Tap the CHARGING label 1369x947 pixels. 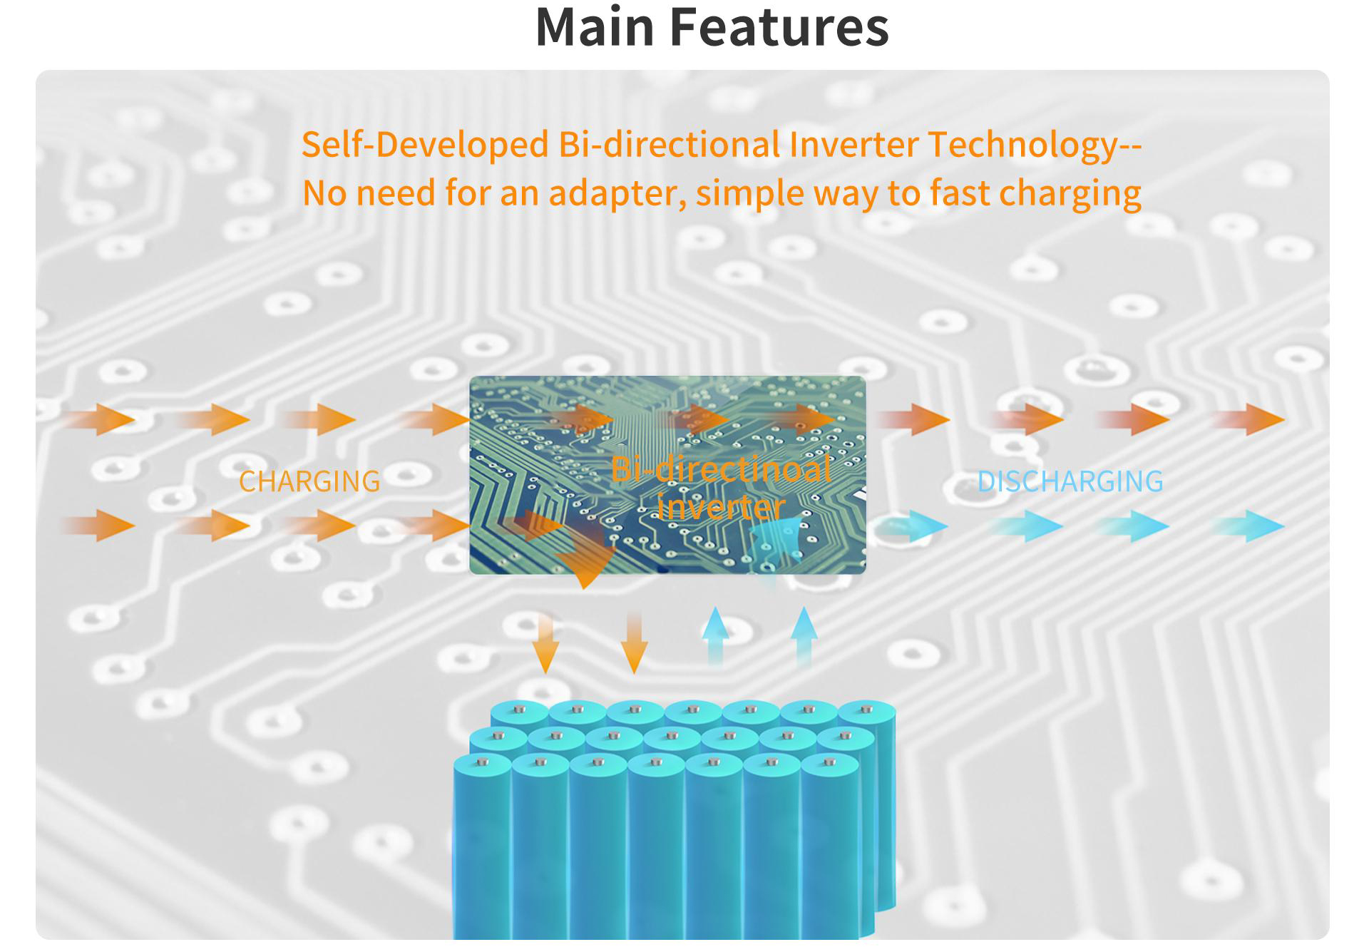(x=309, y=481)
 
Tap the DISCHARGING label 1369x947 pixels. (x=1070, y=481)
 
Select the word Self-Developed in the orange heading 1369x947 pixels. (x=425, y=145)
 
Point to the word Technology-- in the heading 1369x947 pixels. (x=1034, y=145)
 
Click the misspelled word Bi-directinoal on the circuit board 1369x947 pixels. (x=720, y=469)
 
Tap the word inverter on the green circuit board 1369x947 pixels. (x=720, y=507)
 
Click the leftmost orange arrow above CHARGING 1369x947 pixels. (x=103, y=419)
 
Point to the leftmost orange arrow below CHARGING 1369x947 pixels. (x=103, y=526)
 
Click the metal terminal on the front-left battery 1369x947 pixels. (x=483, y=762)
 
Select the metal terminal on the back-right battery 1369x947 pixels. (x=866, y=709)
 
